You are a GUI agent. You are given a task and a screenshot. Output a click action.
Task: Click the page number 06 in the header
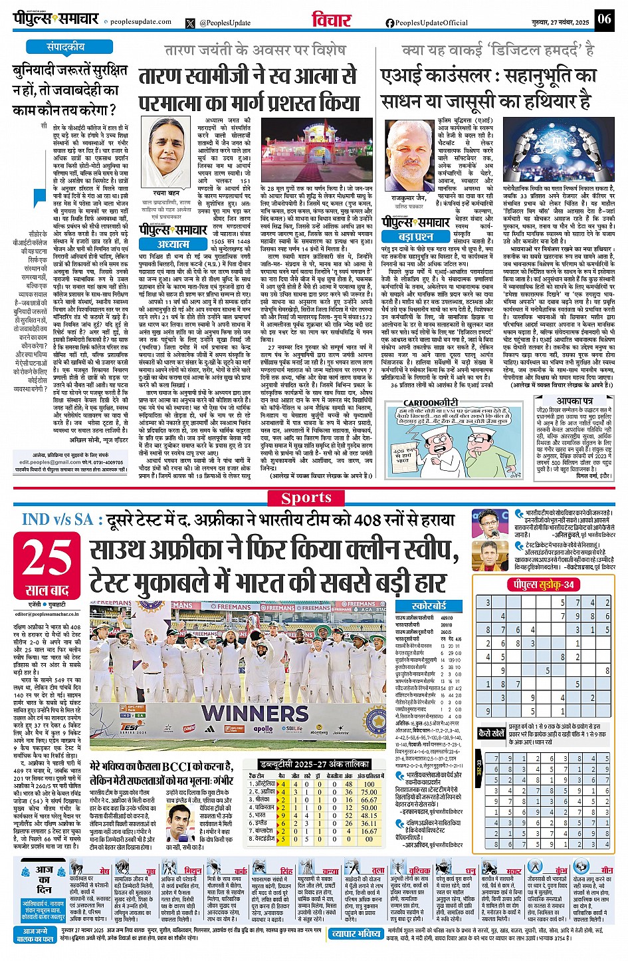tap(603, 19)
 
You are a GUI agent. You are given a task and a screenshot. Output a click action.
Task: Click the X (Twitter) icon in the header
tap(191, 23)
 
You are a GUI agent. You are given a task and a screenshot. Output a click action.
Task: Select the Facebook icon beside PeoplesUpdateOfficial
tap(390, 23)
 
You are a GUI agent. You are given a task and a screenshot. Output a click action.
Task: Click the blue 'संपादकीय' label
tap(65, 47)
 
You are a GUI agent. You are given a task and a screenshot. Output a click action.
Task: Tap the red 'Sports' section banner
tap(306, 498)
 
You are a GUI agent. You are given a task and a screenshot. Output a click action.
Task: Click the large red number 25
tap(47, 558)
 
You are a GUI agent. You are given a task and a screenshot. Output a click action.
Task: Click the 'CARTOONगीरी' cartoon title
tap(431, 403)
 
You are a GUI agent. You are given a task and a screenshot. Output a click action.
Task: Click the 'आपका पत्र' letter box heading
tap(574, 402)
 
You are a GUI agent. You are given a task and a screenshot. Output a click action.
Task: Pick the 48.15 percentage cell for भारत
tap(369, 815)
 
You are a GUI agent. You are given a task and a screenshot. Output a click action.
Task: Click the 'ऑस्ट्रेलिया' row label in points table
tap(261, 784)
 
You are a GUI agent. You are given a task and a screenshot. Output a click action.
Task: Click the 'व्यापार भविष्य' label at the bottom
tap(356, 934)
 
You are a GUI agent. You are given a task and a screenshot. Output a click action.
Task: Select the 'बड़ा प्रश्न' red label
tap(416, 236)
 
